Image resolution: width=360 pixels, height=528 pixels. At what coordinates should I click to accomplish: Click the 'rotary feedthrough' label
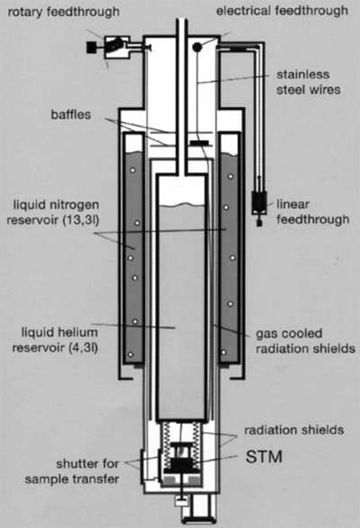tap(64, 13)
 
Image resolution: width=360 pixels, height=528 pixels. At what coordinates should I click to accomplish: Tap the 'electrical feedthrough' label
tap(282, 11)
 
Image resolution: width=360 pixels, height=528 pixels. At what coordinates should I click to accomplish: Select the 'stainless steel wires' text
tap(308, 83)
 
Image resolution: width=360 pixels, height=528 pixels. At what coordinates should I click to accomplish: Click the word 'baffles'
tap(71, 115)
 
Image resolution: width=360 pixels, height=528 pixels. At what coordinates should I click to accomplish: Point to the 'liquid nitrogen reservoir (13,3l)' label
tap(53, 212)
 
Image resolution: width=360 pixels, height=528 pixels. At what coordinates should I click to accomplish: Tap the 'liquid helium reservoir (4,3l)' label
tap(56, 339)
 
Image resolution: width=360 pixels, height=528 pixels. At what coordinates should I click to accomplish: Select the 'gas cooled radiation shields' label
tap(305, 341)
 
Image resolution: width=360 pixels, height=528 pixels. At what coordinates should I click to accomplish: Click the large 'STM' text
tap(264, 457)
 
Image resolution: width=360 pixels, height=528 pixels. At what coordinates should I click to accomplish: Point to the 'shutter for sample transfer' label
tap(72, 471)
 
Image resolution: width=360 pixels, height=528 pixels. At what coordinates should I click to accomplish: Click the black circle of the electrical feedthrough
tap(197, 47)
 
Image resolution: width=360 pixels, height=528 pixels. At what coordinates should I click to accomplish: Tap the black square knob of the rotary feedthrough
tap(92, 47)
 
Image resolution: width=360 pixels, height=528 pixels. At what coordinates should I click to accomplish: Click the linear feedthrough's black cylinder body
tap(259, 201)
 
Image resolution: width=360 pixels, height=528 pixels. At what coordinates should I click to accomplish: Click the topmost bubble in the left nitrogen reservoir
tap(133, 171)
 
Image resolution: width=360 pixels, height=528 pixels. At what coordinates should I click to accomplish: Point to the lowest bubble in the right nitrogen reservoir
tap(224, 353)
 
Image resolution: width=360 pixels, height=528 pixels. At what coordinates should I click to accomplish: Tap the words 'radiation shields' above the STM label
tap(294, 430)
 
